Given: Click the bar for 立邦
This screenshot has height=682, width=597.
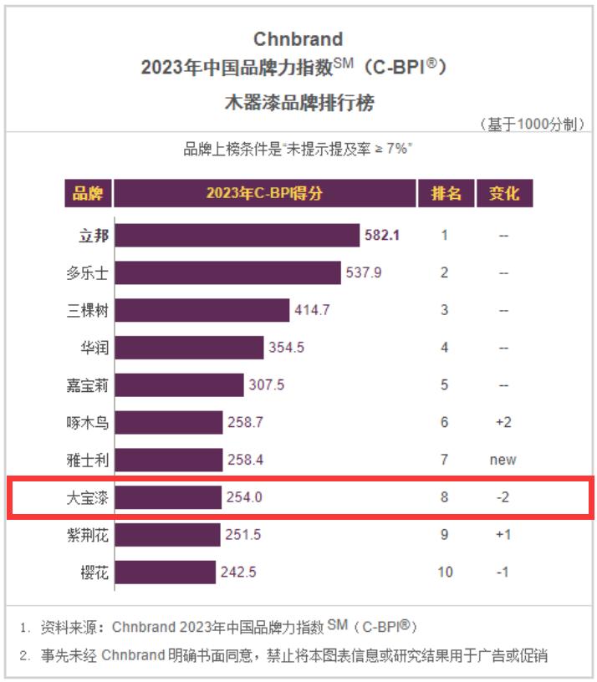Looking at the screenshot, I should coord(237,235).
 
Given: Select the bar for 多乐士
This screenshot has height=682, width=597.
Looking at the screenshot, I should coord(227,272).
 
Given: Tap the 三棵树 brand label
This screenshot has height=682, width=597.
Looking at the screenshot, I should coord(88,310).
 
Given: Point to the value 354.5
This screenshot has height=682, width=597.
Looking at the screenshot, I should coord(285,348).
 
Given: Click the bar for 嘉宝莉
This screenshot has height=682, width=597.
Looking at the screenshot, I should coord(179,384).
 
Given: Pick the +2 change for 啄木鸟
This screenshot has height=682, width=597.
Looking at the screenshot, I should coord(503,422).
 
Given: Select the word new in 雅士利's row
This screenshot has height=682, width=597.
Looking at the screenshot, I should coord(503,460).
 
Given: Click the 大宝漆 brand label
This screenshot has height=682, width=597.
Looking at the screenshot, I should coord(88,497).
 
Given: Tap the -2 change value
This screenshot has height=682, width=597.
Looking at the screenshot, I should coord(503,497).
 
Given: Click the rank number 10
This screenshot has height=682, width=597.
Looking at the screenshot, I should coord(445,572).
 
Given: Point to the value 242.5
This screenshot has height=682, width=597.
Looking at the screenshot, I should coord(238,572).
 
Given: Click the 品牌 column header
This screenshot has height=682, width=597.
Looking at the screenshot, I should coord(88,194).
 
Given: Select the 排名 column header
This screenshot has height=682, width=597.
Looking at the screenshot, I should coord(446,194).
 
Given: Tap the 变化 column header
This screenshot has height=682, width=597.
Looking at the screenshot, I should coord(503,194).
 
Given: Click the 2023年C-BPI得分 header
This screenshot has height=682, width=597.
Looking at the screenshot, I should coord(264,194).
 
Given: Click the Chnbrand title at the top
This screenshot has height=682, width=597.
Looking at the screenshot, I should coord(298,39).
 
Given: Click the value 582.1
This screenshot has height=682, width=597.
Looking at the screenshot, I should coord(382,235).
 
